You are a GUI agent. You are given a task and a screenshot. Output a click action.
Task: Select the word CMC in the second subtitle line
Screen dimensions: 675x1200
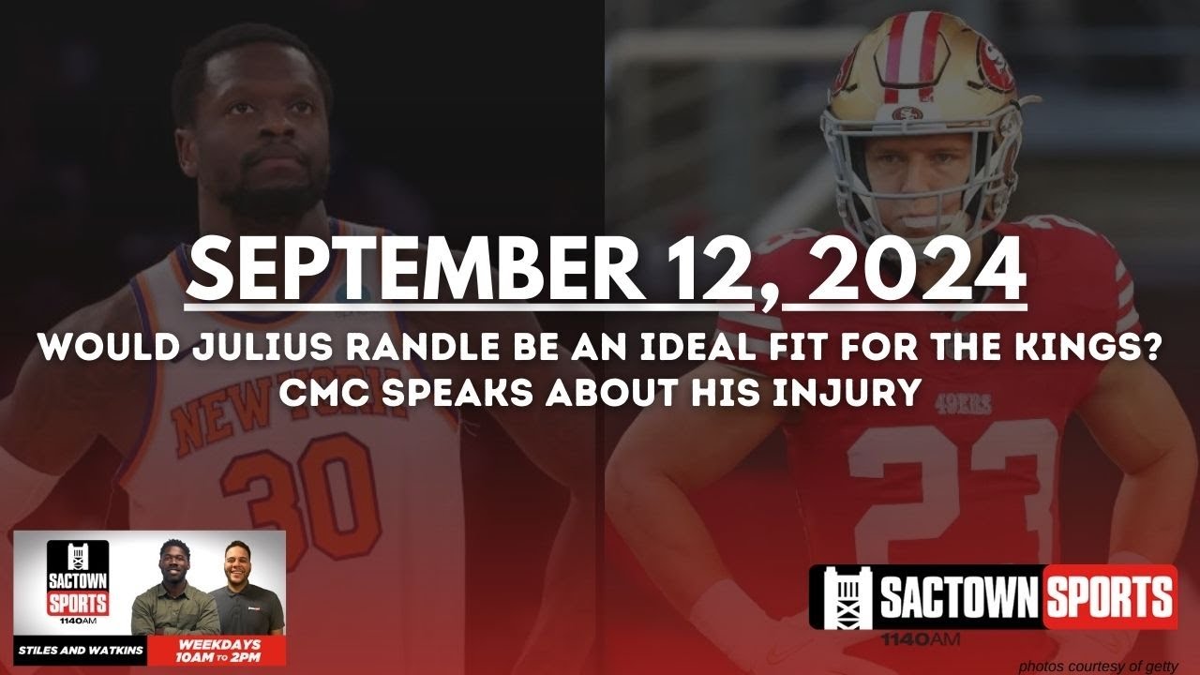pyautogui.click(x=324, y=392)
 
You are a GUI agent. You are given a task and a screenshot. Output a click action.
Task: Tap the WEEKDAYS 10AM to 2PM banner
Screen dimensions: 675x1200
pyautogui.click(x=217, y=649)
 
